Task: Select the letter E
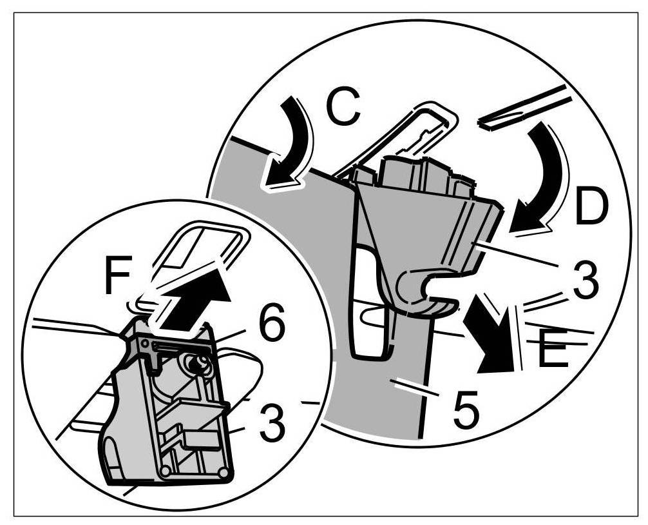(x=553, y=349)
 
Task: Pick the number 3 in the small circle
(x=272, y=425)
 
